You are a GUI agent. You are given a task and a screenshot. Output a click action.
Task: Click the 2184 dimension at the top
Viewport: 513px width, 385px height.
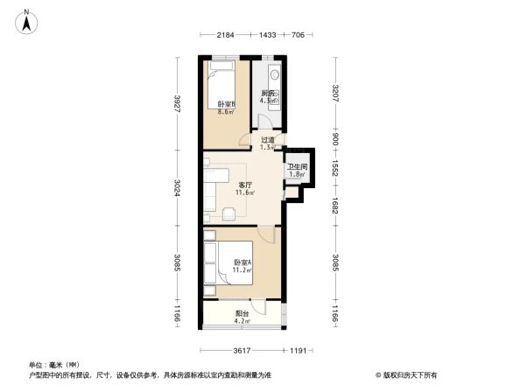coord(227,35)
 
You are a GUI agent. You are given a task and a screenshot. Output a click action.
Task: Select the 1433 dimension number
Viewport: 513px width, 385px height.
coord(267,35)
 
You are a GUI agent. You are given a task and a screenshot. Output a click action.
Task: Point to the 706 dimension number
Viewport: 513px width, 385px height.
coord(298,35)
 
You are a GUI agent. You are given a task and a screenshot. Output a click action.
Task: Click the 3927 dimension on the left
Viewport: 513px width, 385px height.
coord(178,103)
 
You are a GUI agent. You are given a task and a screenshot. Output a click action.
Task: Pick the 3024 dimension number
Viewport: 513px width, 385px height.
coord(178,188)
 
